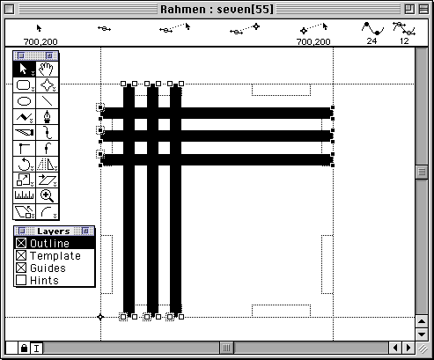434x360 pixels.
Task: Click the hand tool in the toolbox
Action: coord(47,70)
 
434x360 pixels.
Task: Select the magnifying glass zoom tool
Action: coord(47,195)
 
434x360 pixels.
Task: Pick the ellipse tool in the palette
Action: coord(25,101)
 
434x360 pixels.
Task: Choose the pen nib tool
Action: coord(47,117)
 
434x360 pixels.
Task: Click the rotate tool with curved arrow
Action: coord(25,164)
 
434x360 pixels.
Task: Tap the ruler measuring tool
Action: coord(25,195)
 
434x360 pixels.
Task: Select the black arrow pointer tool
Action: coord(25,70)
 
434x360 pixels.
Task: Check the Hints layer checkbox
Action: coord(21,280)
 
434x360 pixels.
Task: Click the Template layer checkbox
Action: coord(21,255)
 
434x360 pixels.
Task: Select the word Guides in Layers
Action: coord(48,268)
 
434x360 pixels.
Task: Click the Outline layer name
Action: coord(49,243)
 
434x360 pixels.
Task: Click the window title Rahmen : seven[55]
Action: coord(217,10)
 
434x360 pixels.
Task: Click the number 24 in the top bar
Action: coord(371,41)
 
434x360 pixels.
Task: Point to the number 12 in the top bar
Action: coord(404,41)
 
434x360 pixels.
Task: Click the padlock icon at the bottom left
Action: coord(24,348)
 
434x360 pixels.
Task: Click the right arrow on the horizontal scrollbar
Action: coord(408,348)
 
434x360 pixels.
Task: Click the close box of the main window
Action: coord(10,10)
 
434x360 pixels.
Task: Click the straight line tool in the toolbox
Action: coord(47,101)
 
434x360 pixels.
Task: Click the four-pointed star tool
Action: coord(47,85)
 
